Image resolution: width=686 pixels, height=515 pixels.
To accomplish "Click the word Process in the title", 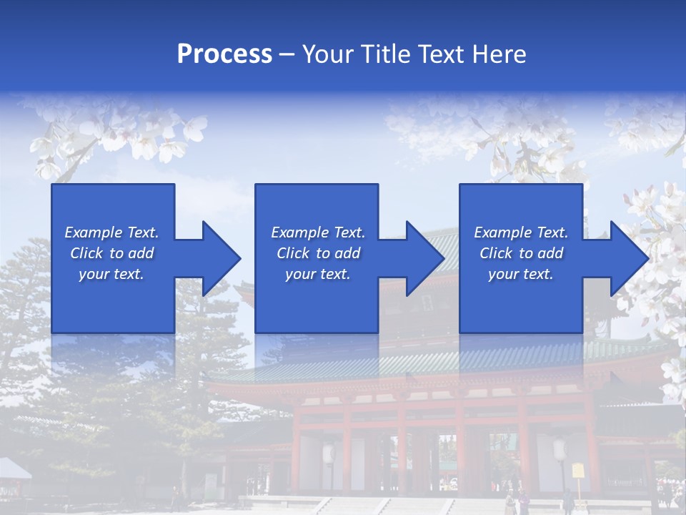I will (x=224, y=54).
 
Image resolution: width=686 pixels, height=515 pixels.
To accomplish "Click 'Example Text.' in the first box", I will (x=111, y=232).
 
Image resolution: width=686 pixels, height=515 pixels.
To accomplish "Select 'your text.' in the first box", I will (x=111, y=274).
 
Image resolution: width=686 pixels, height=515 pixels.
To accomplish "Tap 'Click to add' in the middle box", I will (x=318, y=253).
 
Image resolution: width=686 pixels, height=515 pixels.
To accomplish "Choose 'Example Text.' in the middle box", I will (x=318, y=232).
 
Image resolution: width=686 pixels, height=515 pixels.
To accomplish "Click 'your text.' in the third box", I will (x=521, y=274).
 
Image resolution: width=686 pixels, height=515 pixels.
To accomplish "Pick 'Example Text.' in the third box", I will (x=521, y=232).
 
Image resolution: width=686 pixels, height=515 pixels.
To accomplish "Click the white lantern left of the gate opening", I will (x=329, y=453).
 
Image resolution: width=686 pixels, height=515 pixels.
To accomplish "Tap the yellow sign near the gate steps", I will (x=577, y=471).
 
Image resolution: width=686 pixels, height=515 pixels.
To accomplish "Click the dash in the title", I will (x=287, y=54).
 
